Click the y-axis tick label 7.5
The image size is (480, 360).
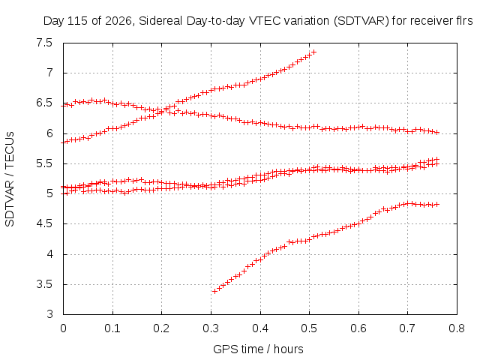coord(44,43)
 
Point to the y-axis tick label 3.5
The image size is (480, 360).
coord(44,284)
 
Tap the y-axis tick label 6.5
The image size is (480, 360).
coord(44,103)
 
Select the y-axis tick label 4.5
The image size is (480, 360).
coord(44,223)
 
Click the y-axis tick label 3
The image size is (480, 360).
coord(49,314)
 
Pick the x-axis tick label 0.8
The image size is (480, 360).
coord(457,328)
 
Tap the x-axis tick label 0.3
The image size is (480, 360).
coord(211,328)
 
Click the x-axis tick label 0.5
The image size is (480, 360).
coord(309,328)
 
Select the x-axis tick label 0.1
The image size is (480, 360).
coord(112,328)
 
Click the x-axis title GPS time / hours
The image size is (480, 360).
coord(258,349)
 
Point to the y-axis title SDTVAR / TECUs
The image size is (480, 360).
coord(10,179)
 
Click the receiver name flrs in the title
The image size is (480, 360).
coord(463,21)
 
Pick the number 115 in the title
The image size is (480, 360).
coord(76,21)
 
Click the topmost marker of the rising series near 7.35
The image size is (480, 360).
coord(313,52)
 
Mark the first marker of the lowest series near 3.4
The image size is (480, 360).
coord(215,291)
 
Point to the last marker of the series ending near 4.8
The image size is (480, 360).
coord(437,204)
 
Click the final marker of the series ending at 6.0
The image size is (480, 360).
coord(437,132)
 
